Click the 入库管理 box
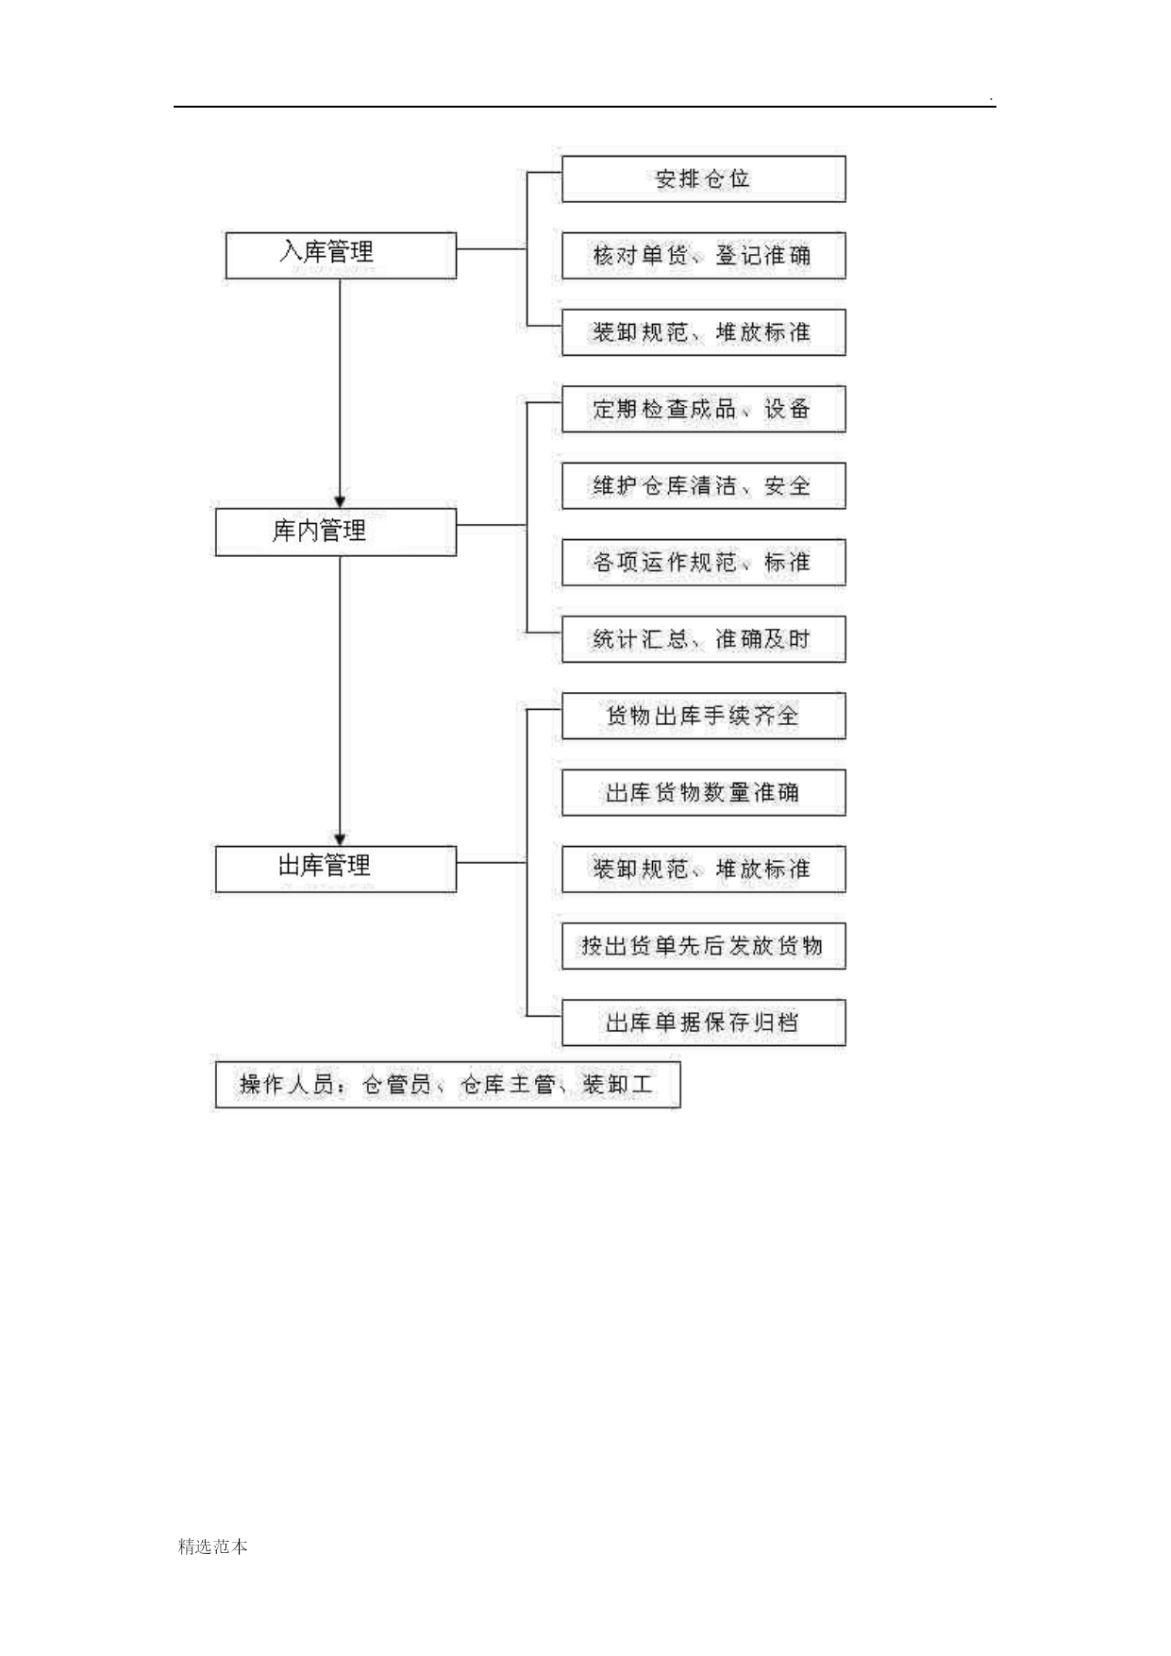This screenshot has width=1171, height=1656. [341, 255]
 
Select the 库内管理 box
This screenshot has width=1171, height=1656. [336, 532]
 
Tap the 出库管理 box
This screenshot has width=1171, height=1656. [336, 869]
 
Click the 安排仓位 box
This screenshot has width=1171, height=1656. [704, 179]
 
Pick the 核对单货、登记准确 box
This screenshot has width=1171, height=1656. [704, 256]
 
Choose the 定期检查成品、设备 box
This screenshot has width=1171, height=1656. [704, 409]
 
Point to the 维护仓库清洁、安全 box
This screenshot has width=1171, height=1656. [704, 486]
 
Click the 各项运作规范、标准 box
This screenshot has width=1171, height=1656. [704, 563]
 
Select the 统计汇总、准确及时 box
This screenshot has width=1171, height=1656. [704, 639]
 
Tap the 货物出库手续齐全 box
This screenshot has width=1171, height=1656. [704, 716]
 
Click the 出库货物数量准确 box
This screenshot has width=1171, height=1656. [704, 792]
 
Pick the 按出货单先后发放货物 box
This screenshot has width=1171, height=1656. [704, 946]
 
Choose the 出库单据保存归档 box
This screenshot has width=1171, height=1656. [704, 1022]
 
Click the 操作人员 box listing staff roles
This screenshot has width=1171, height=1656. [447, 1085]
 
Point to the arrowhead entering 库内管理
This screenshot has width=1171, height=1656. [341, 501]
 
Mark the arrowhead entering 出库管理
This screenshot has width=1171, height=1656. [341, 838]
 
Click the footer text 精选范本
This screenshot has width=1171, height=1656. [213, 1546]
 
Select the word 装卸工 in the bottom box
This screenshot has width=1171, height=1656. [618, 1084]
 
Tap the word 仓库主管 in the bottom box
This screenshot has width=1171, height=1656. [508, 1084]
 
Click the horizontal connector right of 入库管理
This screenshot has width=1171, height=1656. [491, 249]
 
